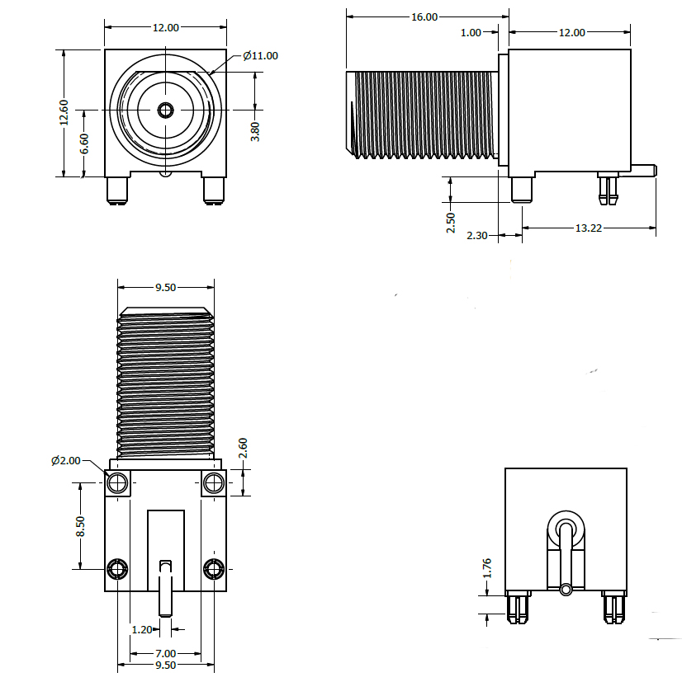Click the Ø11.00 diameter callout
(x=260, y=56)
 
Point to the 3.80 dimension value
(x=255, y=132)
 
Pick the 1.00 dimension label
(x=471, y=32)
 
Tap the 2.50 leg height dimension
(x=451, y=223)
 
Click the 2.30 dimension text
(x=478, y=236)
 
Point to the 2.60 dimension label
(x=243, y=449)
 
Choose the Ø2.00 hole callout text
(x=66, y=460)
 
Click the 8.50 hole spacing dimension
(x=80, y=526)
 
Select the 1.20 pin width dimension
(x=142, y=629)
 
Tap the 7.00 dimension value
(x=166, y=653)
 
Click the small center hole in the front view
(x=166, y=110)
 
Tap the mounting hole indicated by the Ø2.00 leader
(x=118, y=482)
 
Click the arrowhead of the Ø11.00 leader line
(x=214, y=74)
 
